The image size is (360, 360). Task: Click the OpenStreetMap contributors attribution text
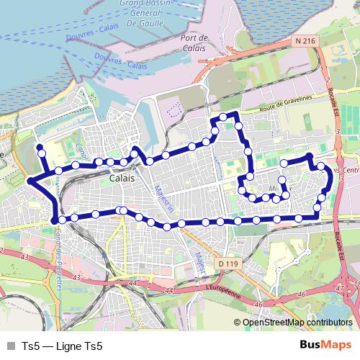point(297,323)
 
